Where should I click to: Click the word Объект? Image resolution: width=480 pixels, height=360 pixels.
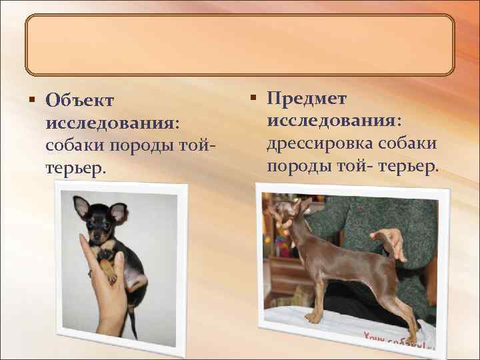79,101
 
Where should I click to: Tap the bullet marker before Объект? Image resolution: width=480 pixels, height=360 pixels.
32,100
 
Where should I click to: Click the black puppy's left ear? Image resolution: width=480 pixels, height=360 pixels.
81,207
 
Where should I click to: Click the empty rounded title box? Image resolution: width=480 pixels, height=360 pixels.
239,45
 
